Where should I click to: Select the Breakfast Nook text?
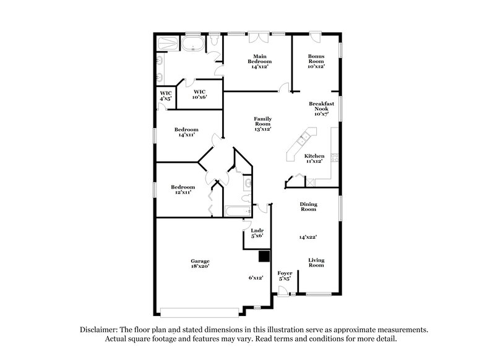[x=321, y=109]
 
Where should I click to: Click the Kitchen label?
[x=314, y=159]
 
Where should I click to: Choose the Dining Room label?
[x=308, y=207]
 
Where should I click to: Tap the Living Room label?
[x=316, y=263]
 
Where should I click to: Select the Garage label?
[x=200, y=263]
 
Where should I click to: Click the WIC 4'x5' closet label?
[x=165, y=96]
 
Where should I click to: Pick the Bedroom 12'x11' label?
[x=183, y=190]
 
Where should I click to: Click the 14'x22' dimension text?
[x=308, y=237]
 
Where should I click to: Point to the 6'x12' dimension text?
[x=256, y=278]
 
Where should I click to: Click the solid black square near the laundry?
[x=265, y=256]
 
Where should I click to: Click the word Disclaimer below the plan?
[x=100, y=330]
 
